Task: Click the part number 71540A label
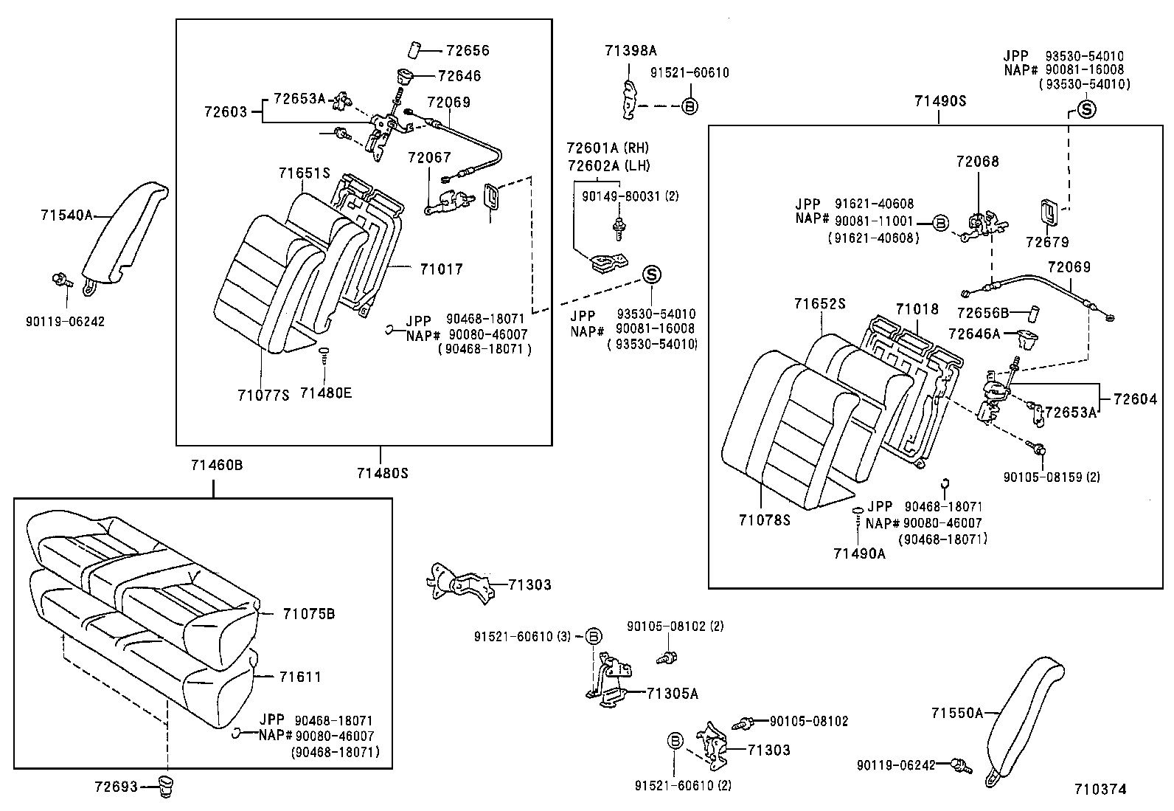(x=66, y=215)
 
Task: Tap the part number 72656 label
(x=468, y=51)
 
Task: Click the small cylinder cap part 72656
(x=413, y=50)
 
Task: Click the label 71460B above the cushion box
(x=217, y=466)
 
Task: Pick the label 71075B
(x=308, y=614)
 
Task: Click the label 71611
(x=300, y=677)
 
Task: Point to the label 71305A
(x=672, y=694)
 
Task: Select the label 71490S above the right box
(x=939, y=102)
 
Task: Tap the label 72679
(x=1047, y=242)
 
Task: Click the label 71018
(x=917, y=309)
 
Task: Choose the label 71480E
(x=325, y=393)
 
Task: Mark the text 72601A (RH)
(x=608, y=148)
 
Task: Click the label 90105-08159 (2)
(x=1051, y=477)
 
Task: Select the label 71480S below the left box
(x=382, y=473)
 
